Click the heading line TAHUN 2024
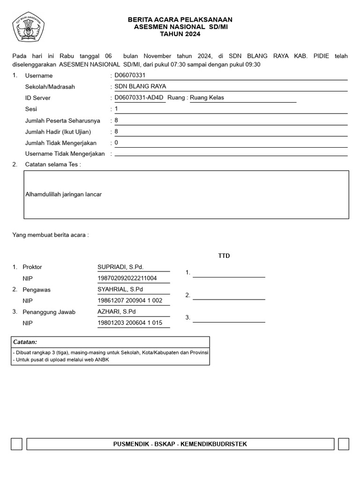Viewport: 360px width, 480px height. click(180, 34)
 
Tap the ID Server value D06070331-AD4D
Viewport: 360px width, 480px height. click(139, 97)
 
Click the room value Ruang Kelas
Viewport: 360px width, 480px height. click(207, 97)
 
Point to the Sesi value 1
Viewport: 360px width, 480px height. click(116, 109)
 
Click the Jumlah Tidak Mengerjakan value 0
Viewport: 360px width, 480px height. click(116, 142)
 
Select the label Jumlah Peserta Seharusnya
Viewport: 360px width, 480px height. click(62, 120)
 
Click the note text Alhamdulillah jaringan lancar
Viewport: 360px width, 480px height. click(64, 194)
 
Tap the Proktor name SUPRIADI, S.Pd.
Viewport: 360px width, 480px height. click(120, 267)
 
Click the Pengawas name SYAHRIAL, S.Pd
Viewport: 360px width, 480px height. click(120, 289)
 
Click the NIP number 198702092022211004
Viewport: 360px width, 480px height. click(127, 278)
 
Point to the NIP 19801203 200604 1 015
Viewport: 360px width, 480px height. click(130, 323)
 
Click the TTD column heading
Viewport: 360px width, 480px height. click(224, 256)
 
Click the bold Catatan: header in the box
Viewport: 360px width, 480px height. click(25, 342)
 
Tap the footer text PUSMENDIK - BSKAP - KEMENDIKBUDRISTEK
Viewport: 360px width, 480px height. click(180, 444)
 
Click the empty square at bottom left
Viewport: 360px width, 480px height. click(16, 444)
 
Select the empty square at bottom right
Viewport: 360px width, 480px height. click(343, 444)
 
